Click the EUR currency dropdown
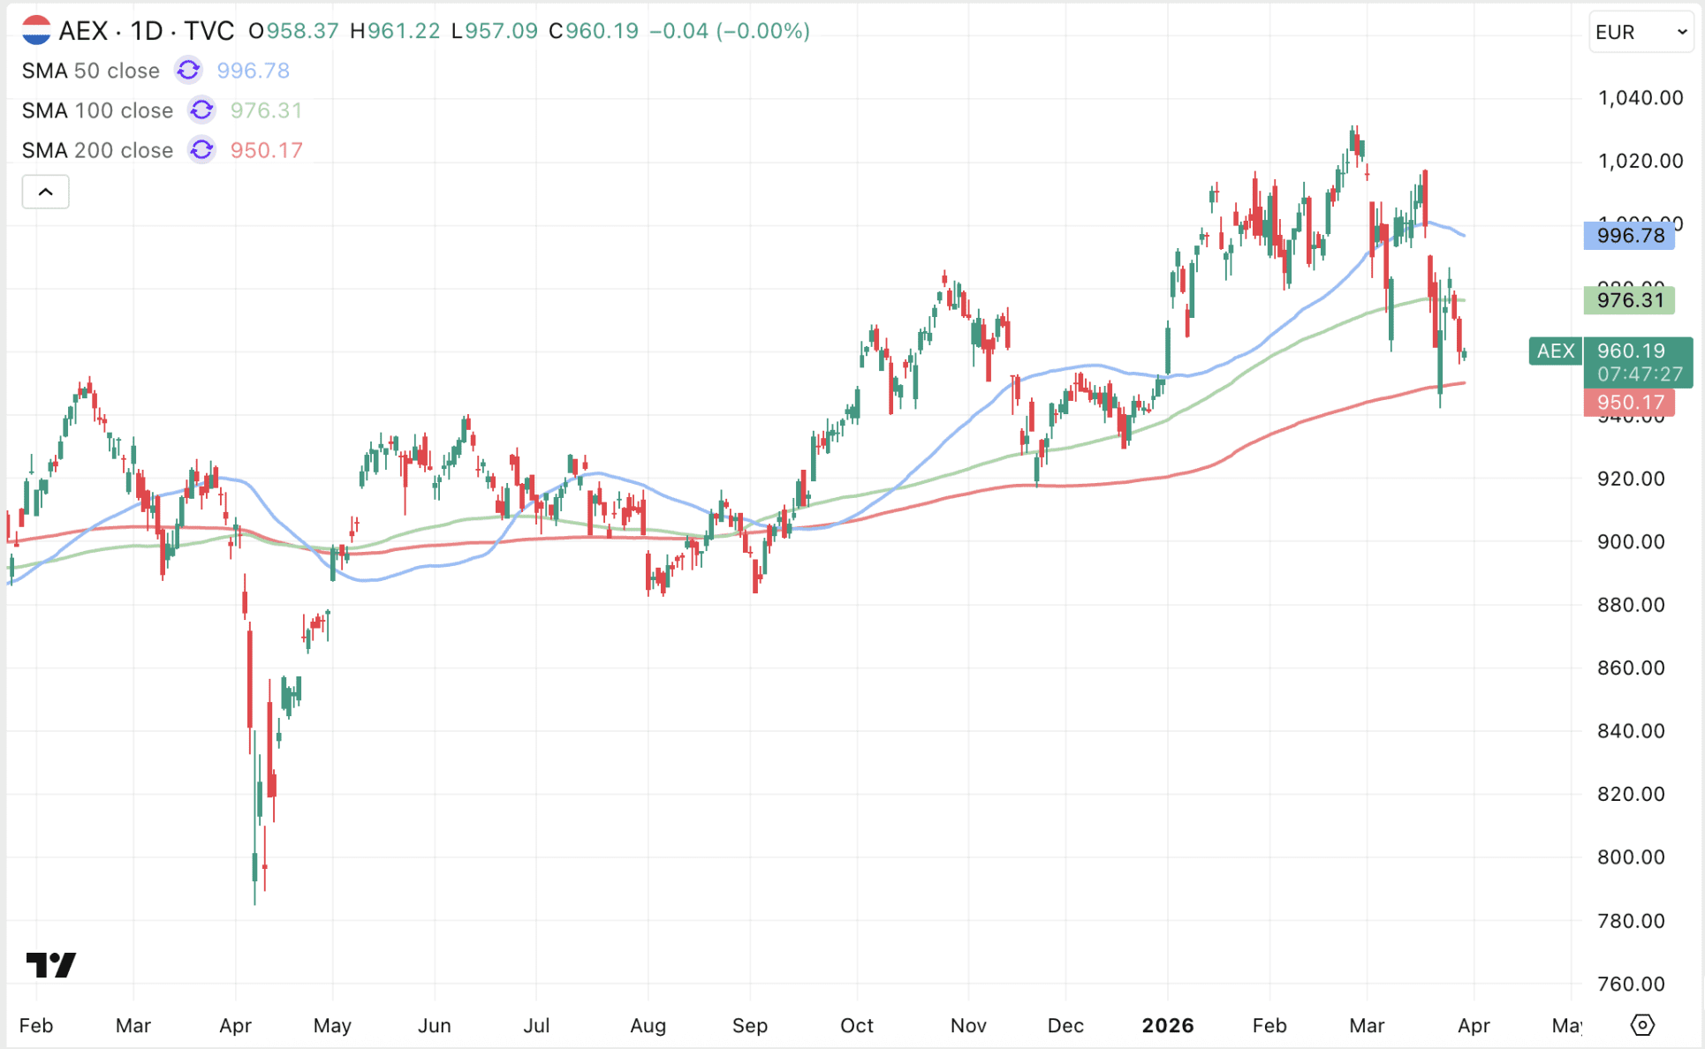pyautogui.click(x=1641, y=33)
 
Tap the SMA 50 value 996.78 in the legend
pyautogui.click(x=253, y=71)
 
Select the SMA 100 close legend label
pyautogui.click(x=97, y=110)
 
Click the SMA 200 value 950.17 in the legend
pyautogui.click(x=266, y=150)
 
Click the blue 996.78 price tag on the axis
pyautogui.click(x=1629, y=236)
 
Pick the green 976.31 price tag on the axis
pyautogui.click(x=1629, y=300)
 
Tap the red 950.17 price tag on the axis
pyautogui.click(x=1629, y=403)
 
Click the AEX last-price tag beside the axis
pyautogui.click(x=1555, y=351)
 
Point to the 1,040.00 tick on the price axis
pyautogui.click(x=1640, y=98)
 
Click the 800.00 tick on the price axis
pyautogui.click(x=1631, y=857)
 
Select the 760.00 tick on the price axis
pyautogui.click(x=1631, y=984)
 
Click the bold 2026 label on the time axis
pyautogui.click(x=1167, y=1025)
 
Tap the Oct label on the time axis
pyautogui.click(x=856, y=1025)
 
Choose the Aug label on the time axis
pyautogui.click(x=648, y=1025)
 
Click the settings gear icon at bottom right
pyautogui.click(x=1641, y=1025)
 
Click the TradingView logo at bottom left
pyautogui.click(x=50, y=964)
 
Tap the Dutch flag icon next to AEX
pyautogui.click(x=36, y=31)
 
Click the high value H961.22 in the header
pyautogui.click(x=395, y=31)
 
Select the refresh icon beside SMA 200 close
pyautogui.click(x=201, y=150)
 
